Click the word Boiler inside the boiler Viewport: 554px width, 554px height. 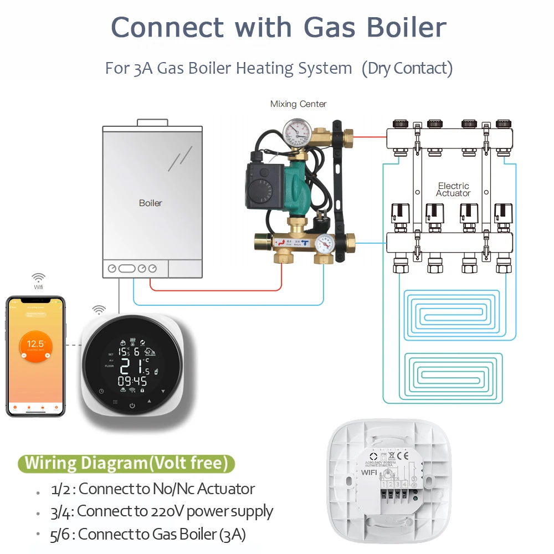150,203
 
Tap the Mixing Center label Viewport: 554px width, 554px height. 298,104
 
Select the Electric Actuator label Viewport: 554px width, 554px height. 453,189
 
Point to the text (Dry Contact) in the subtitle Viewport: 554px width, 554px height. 407,69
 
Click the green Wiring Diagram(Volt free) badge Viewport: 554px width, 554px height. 126,463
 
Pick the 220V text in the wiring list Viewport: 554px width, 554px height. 166,511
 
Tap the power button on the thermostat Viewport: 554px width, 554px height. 132,407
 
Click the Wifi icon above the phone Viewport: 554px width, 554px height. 38,278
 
